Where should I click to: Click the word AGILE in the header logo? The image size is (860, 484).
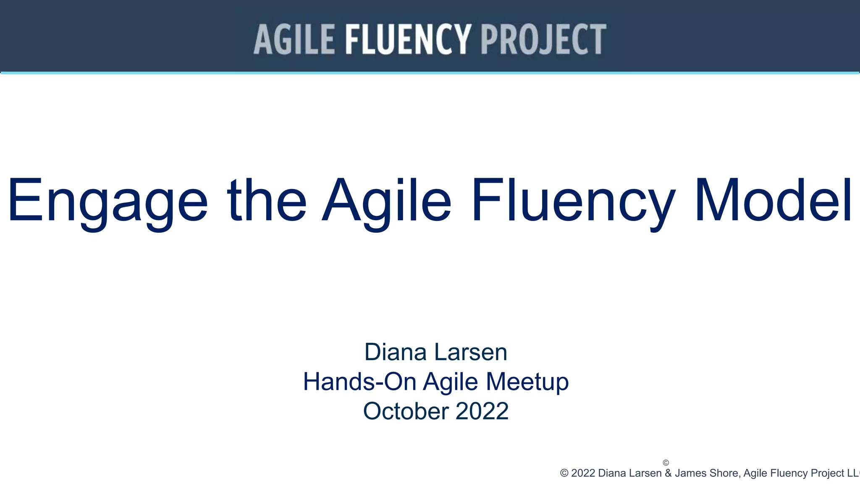(x=294, y=39)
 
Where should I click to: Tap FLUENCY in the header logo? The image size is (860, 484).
(x=408, y=39)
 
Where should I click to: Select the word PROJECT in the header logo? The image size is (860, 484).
(x=543, y=39)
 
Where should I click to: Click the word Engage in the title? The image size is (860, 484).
(x=107, y=201)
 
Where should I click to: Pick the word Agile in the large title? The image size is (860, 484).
(x=387, y=201)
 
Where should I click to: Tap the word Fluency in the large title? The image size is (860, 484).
(x=573, y=201)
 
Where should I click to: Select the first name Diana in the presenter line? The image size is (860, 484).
(x=396, y=352)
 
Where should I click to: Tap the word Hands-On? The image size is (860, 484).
(x=359, y=381)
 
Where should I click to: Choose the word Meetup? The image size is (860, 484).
(x=527, y=382)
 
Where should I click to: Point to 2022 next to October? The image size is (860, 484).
(x=482, y=411)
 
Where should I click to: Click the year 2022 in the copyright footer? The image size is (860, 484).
(x=583, y=473)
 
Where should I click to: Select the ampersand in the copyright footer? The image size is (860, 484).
(x=668, y=473)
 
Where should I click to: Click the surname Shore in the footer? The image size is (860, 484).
(x=725, y=473)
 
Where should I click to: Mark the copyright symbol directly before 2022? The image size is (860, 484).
(x=564, y=473)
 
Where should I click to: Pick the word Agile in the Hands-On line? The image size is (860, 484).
(x=450, y=382)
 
